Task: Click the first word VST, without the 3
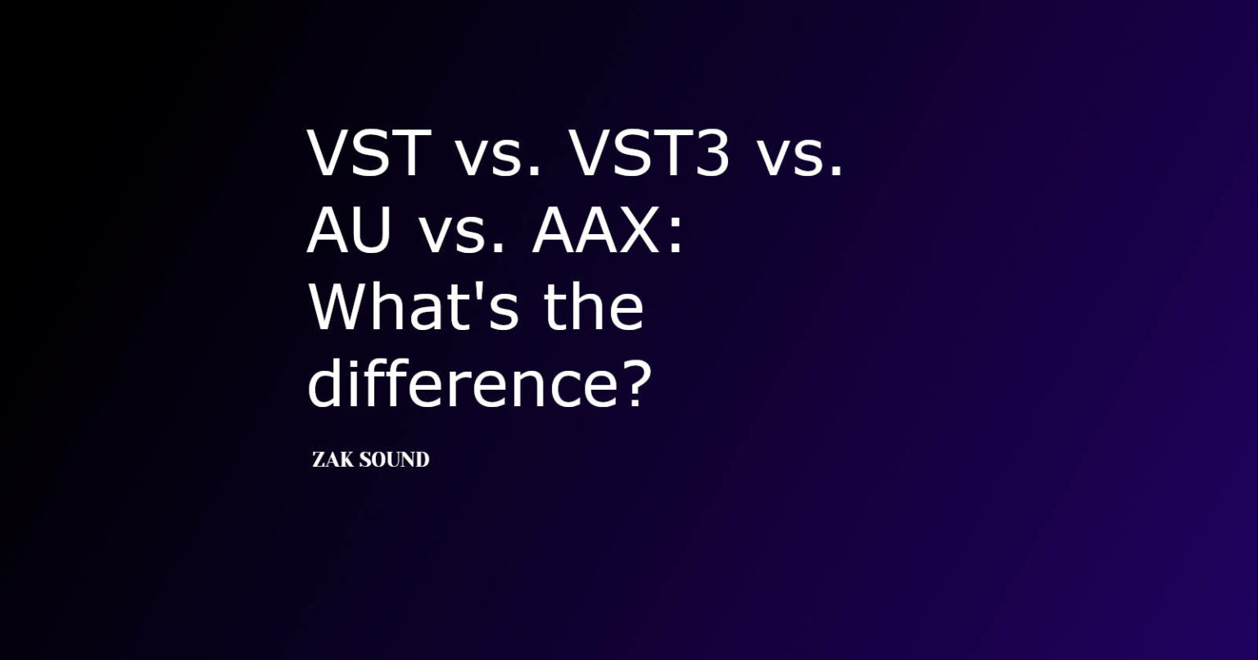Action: (369, 153)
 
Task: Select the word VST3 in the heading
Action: (649, 153)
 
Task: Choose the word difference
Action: (453, 383)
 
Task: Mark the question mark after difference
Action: (631, 383)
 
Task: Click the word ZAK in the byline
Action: (333, 460)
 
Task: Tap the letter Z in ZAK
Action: (319, 460)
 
